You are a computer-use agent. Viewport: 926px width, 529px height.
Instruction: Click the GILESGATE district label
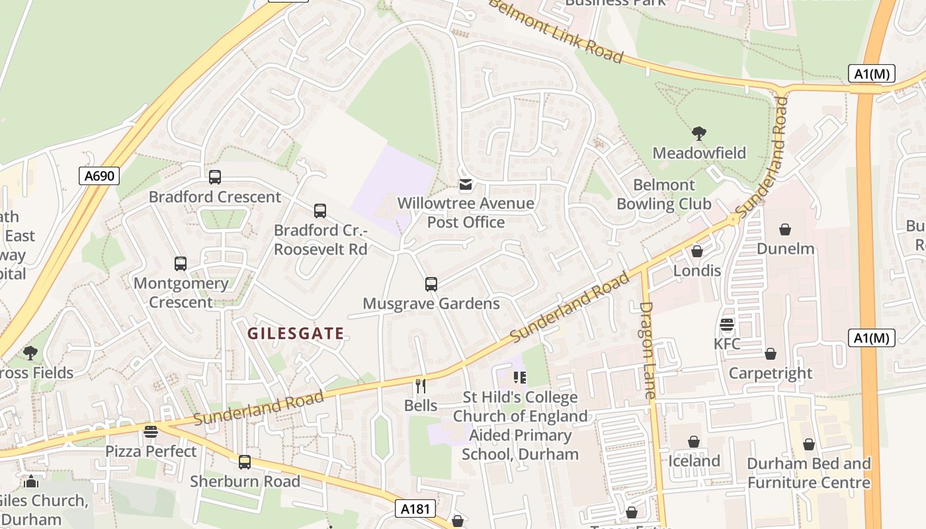pyautogui.click(x=296, y=334)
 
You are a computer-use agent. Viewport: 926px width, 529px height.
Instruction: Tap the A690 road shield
pyautogui.click(x=99, y=176)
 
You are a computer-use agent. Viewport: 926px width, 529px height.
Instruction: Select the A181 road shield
pyautogui.click(x=416, y=509)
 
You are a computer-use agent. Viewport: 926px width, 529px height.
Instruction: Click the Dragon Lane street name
pyautogui.click(x=648, y=350)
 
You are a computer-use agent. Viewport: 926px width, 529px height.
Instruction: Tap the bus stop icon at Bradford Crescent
pyautogui.click(x=215, y=177)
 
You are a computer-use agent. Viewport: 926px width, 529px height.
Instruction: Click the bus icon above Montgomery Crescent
pyautogui.click(x=181, y=264)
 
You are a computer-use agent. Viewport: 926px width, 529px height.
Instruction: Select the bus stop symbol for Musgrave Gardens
pyautogui.click(x=431, y=284)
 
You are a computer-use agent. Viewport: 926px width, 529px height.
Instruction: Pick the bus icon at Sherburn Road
pyautogui.click(x=245, y=462)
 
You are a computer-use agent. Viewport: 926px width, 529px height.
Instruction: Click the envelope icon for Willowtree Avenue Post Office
pyautogui.click(x=466, y=184)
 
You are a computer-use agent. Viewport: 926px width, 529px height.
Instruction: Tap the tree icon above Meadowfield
pyautogui.click(x=699, y=134)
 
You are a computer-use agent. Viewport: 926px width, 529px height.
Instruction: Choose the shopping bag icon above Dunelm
pyautogui.click(x=785, y=229)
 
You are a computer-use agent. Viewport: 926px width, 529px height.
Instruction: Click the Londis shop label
pyautogui.click(x=697, y=270)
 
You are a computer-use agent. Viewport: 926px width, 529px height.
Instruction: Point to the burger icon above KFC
pyautogui.click(x=727, y=325)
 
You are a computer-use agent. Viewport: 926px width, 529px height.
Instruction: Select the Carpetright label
pyautogui.click(x=771, y=373)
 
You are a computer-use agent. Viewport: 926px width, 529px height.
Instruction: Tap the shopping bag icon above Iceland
pyautogui.click(x=694, y=442)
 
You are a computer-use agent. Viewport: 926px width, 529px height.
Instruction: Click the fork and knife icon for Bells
pyautogui.click(x=421, y=386)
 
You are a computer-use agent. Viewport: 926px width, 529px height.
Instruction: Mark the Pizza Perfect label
pyautogui.click(x=151, y=452)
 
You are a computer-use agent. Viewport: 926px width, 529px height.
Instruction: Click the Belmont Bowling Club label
pyautogui.click(x=664, y=194)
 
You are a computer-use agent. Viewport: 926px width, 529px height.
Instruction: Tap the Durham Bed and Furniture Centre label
pyautogui.click(x=809, y=473)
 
